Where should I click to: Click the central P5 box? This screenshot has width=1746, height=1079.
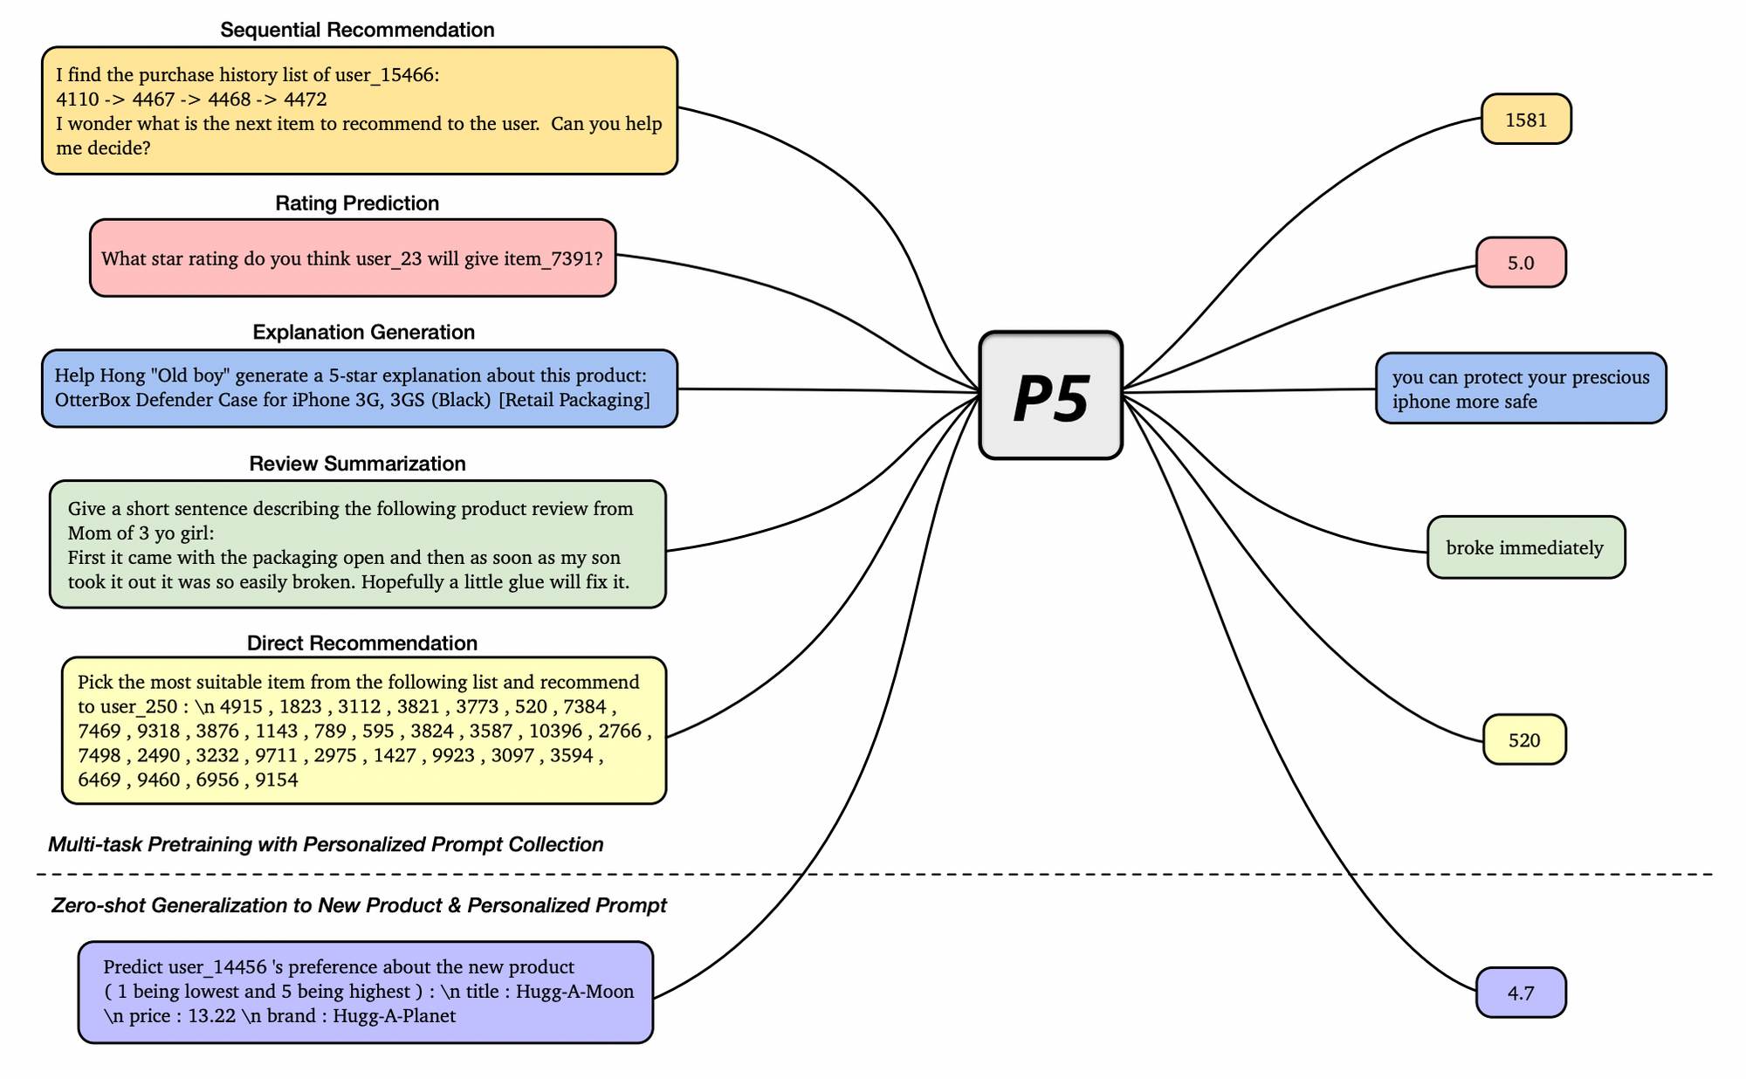[1050, 395]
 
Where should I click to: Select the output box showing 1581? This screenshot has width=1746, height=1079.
[1526, 120]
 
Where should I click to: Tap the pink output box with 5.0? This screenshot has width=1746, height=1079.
[1521, 263]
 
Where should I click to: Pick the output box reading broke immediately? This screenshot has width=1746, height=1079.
[1525, 548]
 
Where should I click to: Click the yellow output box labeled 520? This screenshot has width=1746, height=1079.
[1524, 740]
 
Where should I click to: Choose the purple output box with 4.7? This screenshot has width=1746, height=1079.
[1521, 993]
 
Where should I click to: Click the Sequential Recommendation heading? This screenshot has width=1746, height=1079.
[357, 30]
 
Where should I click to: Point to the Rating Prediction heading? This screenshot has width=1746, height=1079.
[357, 203]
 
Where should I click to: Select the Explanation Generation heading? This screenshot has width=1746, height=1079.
[363, 333]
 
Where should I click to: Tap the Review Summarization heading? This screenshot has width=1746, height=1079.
[357, 464]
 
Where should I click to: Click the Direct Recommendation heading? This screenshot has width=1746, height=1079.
[361, 643]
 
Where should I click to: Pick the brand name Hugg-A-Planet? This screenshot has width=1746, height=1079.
[395, 1016]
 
